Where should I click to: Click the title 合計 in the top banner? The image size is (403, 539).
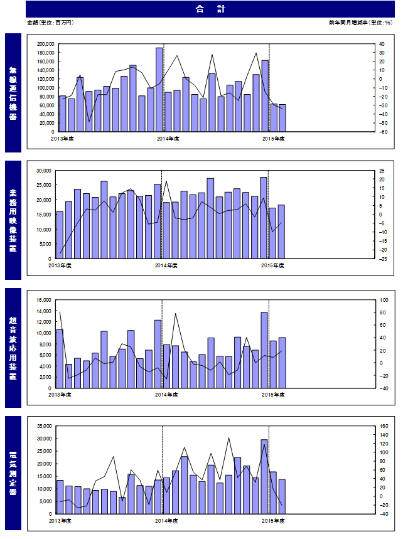click(210, 9)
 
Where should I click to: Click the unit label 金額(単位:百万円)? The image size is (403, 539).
click(50, 23)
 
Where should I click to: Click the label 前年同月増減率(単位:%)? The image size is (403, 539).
click(360, 23)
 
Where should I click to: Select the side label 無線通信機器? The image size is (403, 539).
click(13, 93)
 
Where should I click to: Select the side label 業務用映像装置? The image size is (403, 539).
click(13, 220)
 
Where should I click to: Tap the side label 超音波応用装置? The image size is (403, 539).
click(13, 348)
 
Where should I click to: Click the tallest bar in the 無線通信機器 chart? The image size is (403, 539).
click(159, 90)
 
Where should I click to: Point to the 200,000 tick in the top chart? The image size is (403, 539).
click(46, 44)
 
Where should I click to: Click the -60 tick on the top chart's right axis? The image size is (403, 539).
click(383, 132)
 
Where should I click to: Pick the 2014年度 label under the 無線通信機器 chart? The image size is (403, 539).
click(168, 139)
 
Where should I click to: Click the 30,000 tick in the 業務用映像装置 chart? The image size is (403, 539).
click(44, 171)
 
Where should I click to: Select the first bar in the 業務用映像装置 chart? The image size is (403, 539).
click(60, 235)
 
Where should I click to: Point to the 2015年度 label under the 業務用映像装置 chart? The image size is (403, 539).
click(272, 265)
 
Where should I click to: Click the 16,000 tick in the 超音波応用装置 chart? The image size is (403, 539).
click(44, 300)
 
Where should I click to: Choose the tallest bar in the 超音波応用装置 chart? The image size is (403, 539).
click(264, 350)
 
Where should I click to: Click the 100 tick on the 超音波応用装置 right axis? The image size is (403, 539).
click(384, 300)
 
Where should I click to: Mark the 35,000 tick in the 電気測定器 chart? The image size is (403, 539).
click(45, 426)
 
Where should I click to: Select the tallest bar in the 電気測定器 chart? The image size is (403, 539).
click(264, 477)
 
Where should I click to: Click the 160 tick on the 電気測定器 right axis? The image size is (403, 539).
click(384, 426)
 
